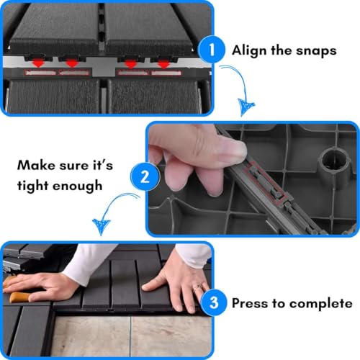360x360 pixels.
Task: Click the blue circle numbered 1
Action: pyautogui.click(x=212, y=50)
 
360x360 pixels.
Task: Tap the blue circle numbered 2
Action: pyautogui.click(x=145, y=177)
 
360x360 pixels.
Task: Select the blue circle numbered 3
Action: pyautogui.click(x=214, y=302)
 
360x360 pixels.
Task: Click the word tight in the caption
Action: pyautogui.click(x=32, y=186)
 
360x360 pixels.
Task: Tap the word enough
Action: pyautogui.click(x=77, y=186)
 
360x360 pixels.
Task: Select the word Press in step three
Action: pyautogui.click(x=250, y=303)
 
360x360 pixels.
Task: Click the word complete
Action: pyautogui.click(x=321, y=304)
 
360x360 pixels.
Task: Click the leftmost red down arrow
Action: pyautogui.click(x=38, y=63)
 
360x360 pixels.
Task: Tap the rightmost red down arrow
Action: pyautogui.click(x=163, y=64)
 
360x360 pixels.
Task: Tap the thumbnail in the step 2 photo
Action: pyautogui.click(x=233, y=153)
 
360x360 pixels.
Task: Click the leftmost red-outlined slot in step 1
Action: pyautogui.click(x=41, y=73)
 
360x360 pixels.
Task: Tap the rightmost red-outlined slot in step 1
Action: pyautogui.click(x=166, y=73)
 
